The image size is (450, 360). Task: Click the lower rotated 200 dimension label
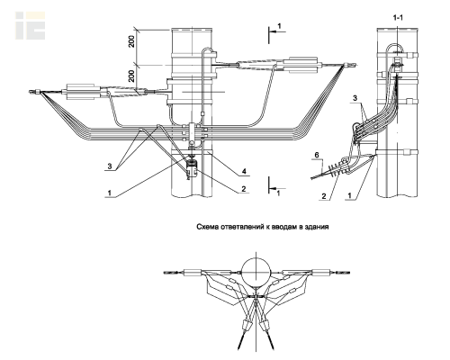(131, 76)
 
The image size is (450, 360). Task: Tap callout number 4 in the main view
(244, 171)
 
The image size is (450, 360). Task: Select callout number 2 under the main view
(244, 189)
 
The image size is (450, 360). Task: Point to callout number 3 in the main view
(110, 166)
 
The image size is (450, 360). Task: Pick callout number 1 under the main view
(110, 193)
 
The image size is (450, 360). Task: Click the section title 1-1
(398, 18)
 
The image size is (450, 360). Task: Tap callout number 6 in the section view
(316, 155)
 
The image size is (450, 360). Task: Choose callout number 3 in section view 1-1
(355, 98)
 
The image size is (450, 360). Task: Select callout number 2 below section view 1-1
(324, 196)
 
